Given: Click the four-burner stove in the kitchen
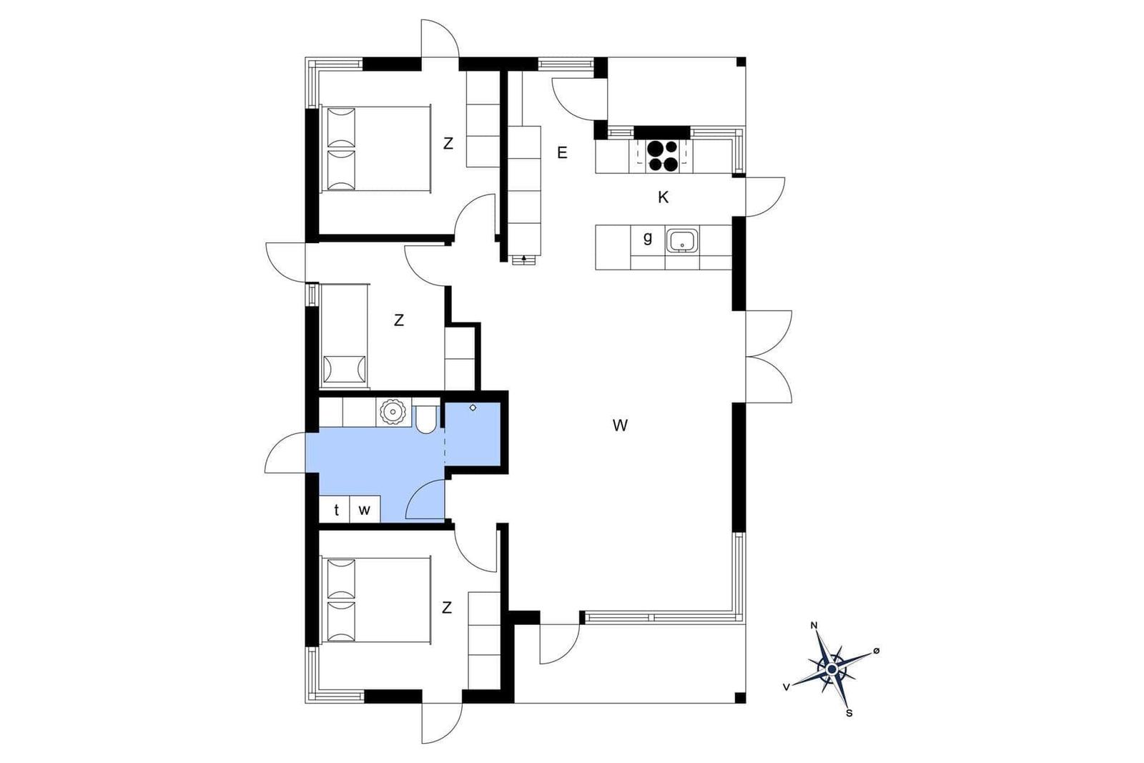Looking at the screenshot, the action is [x=662, y=156].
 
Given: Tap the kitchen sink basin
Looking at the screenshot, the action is [x=681, y=240].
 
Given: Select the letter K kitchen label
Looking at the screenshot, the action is [x=663, y=197].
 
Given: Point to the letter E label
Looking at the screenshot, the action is [x=562, y=153].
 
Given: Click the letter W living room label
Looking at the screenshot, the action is [x=620, y=425].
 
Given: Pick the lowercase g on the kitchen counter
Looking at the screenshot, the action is [x=648, y=238].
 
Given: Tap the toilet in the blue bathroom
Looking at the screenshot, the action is [x=425, y=419].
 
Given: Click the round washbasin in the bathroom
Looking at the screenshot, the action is [x=393, y=412].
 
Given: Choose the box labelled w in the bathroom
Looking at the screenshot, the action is [x=365, y=508].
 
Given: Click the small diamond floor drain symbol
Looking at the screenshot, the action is [x=473, y=408].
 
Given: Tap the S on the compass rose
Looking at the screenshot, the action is [x=849, y=714].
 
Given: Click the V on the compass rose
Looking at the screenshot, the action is [x=786, y=687].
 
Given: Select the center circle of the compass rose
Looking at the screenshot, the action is [x=832, y=669].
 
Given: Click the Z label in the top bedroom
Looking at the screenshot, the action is [x=448, y=144].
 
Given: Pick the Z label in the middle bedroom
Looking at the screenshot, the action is [x=399, y=320].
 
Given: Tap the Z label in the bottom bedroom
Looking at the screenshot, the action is [x=447, y=608].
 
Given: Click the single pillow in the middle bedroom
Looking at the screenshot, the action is [x=345, y=369].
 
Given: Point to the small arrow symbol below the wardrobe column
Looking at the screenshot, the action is [x=524, y=258].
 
